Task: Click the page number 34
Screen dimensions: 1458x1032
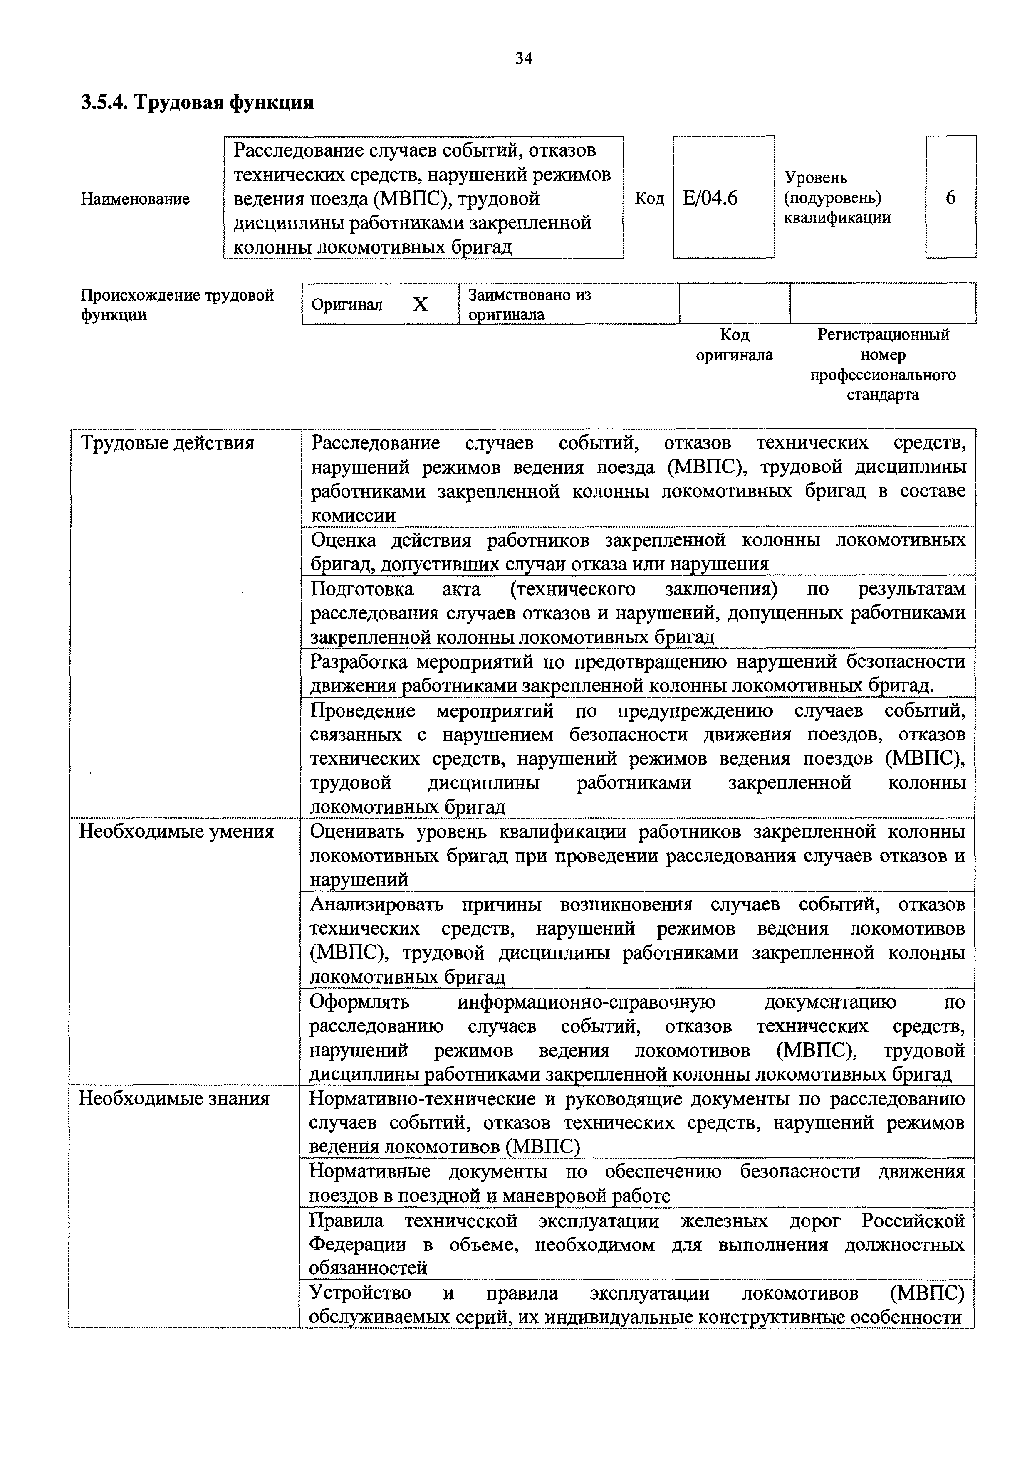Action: click(524, 59)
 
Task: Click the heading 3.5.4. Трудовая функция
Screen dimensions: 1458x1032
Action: click(198, 101)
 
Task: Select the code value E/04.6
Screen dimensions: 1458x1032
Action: click(710, 199)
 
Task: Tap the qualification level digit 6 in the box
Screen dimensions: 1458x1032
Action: click(950, 198)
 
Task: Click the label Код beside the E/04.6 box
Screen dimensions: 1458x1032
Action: click(649, 199)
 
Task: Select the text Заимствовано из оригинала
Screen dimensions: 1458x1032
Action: click(530, 304)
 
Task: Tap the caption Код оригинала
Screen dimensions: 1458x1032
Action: click(734, 345)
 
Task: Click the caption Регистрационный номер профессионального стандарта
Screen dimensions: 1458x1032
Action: click(883, 365)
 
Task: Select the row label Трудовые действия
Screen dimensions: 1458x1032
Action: click(167, 443)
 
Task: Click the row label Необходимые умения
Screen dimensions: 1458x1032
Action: click(176, 832)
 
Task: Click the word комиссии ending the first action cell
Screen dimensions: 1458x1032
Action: click(353, 515)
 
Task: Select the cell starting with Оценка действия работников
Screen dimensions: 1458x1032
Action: click(637, 551)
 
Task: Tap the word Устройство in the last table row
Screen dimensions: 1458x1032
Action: click(360, 1293)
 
